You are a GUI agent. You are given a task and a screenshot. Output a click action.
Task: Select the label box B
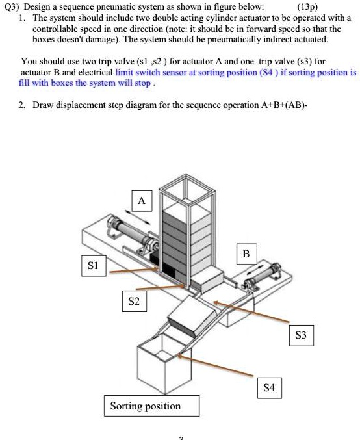coord(246,253)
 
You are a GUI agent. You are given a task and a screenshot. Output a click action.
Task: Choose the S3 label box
coord(300,336)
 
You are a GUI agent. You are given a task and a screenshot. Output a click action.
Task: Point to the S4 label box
coord(269,387)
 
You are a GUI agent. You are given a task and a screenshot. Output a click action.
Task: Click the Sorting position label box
coord(145,406)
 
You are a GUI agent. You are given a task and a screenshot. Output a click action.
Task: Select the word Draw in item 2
coord(44,105)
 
